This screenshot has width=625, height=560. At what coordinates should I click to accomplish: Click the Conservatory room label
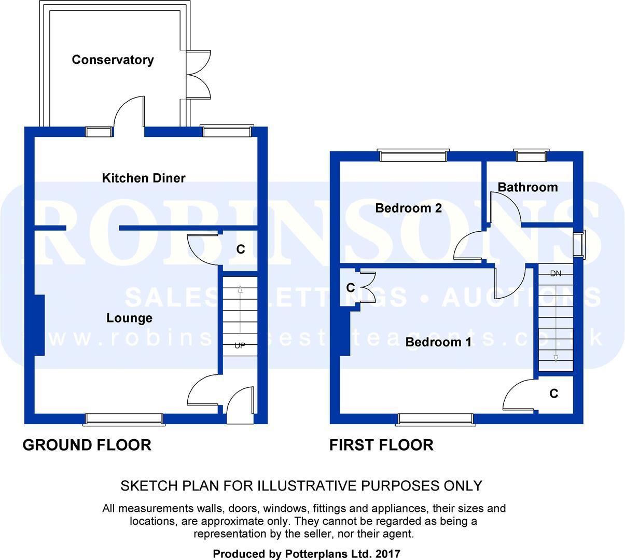coord(113,60)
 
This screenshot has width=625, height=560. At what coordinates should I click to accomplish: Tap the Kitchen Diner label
coord(144,178)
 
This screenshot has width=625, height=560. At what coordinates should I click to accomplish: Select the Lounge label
coord(129,318)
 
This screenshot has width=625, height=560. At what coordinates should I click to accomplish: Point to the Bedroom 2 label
coord(408,208)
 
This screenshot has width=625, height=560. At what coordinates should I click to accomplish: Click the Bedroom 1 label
coord(438,342)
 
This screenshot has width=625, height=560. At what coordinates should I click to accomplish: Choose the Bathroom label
coord(527,187)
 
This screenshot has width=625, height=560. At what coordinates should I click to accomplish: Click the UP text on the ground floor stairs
coord(240,345)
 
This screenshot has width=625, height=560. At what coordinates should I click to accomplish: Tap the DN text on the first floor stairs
coord(555,273)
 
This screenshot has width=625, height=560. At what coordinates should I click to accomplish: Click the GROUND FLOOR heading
coord(87,444)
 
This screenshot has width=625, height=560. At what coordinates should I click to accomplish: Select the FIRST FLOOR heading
coord(381,444)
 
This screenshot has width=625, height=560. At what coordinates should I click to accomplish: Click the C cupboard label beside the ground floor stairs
coord(241,249)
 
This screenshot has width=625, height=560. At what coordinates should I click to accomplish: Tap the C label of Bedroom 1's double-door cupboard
coord(351,287)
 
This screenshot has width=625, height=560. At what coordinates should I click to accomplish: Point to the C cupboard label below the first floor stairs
coord(554,394)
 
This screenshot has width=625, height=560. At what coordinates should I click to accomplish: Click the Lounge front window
coord(124,419)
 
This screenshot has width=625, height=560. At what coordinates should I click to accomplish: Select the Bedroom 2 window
coord(413,155)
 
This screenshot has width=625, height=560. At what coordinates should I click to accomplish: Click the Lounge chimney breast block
coord(37,325)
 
